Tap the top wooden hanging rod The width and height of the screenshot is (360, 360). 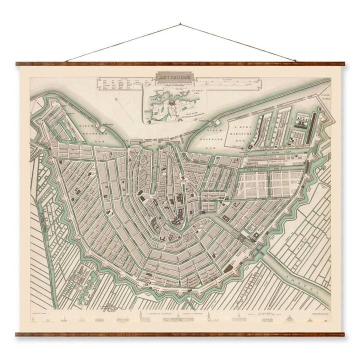click(180, 64)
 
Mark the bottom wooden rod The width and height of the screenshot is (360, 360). click(180, 334)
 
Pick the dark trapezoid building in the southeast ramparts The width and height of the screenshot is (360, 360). click(228, 268)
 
